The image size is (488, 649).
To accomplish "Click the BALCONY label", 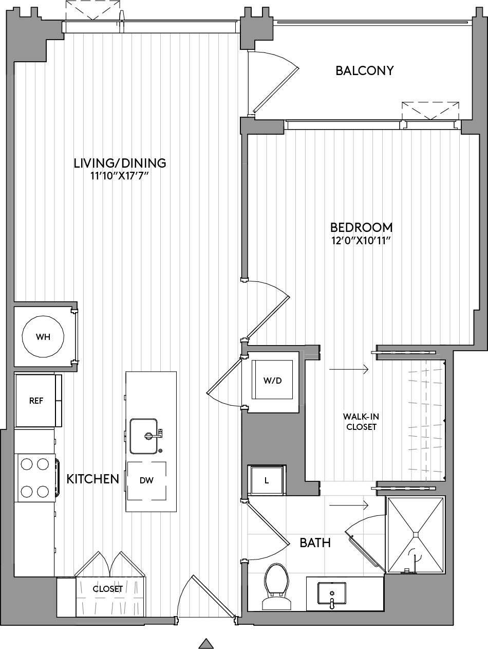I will (364, 70).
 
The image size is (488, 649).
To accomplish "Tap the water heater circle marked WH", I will (43, 337).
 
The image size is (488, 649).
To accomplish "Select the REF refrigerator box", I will (36, 401).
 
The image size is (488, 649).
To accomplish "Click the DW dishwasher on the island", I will (147, 480).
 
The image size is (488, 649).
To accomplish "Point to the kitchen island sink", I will (144, 436).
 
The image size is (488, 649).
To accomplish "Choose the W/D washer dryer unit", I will (272, 381).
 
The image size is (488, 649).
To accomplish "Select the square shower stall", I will (415, 535).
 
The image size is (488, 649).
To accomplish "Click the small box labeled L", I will (266, 481).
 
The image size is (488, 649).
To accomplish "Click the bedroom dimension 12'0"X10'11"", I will (361, 241).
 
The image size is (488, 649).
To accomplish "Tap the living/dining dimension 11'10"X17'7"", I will (120, 176).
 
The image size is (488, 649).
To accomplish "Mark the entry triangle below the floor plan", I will (206, 643).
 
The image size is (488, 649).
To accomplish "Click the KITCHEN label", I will (93, 479).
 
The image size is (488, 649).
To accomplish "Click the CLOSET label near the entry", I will (107, 589).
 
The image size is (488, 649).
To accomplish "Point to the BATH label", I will (315, 542).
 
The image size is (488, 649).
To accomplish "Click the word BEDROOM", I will (361, 227).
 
